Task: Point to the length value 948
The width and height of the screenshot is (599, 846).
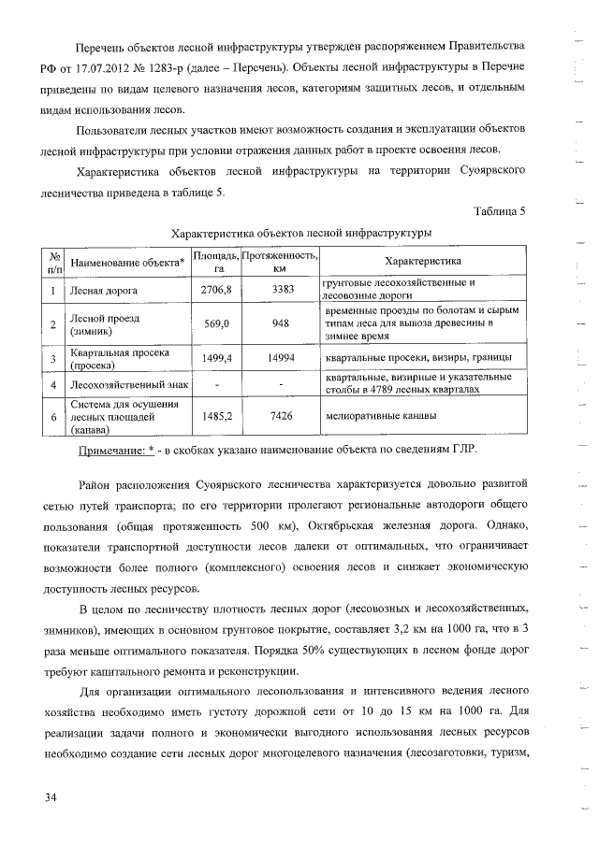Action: point(279,324)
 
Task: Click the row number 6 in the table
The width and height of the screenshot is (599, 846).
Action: point(54,417)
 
